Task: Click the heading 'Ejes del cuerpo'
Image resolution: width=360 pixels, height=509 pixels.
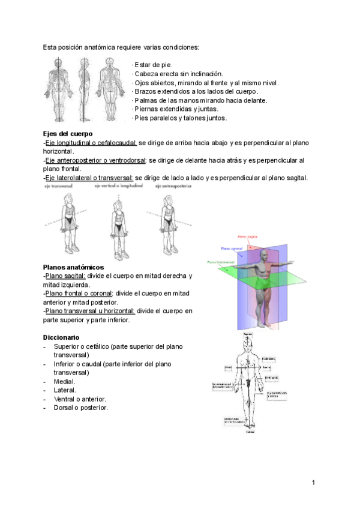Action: click(x=68, y=133)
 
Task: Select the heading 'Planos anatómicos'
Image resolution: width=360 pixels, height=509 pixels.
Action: click(x=74, y=267)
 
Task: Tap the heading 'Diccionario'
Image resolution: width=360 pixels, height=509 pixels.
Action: click(x=61, y=338)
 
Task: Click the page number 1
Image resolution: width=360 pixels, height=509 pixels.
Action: click(x=313, y=483)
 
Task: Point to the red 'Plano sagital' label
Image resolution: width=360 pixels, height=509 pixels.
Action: click(x=248, y=237)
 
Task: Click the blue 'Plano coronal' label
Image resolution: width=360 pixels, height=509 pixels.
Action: click(x=231, y=248)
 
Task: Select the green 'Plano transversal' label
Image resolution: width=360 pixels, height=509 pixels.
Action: click(x=221, y=262)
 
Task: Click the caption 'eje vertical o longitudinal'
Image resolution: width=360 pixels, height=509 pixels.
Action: click(x=118, y=187)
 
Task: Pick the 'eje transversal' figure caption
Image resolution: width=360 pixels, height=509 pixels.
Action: click(x=58, y=187)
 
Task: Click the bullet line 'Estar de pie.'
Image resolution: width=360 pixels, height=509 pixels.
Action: click(x=152, y=64)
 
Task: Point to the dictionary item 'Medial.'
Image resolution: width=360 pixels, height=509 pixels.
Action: click(x=64, y=382)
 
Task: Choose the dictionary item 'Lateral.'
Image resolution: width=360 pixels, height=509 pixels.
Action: click(x=65, y=390)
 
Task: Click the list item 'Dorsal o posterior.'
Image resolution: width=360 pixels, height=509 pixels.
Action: click(x=80, y=408)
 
